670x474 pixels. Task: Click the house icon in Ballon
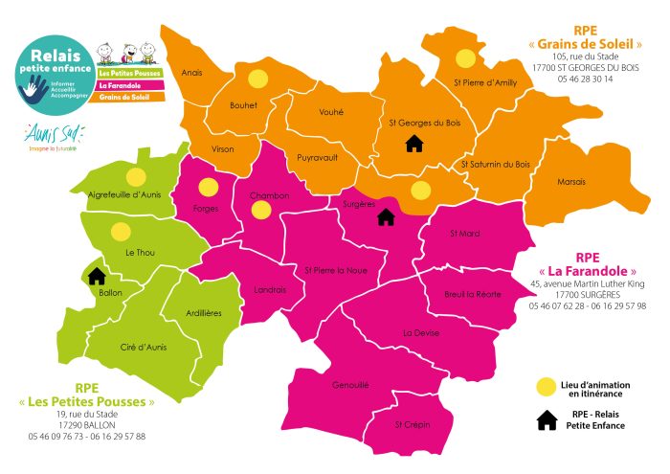pos(97,276)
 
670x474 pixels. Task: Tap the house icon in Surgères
pos(386,216)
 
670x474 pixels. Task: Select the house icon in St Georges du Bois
pos(414,144)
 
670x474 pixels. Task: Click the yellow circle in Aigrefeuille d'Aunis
pos(136,176)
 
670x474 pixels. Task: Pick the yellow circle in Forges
pos(207,187)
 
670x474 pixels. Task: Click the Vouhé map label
pos(331,111)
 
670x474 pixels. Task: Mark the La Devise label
pos(421,333)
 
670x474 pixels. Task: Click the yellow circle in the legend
pos(546,386)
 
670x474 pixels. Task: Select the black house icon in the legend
pos(547,420)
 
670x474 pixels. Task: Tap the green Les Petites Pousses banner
pos(124,73)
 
